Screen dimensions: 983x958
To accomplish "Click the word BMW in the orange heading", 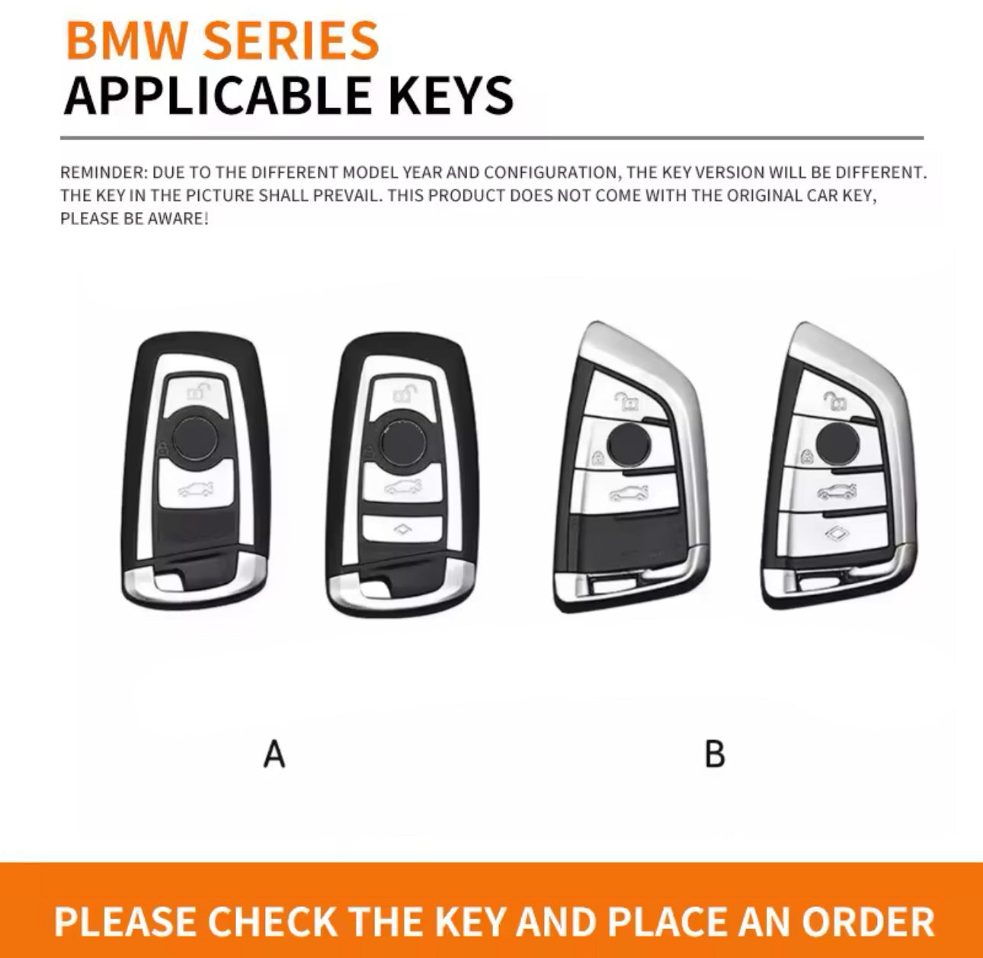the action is pos(126,40).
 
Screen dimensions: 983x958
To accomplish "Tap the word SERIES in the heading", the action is pos(291,40).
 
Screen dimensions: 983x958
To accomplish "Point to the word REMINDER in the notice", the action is pos(104,173).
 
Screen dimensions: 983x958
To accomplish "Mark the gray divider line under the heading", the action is pos(491,137).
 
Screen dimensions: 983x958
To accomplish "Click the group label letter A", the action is pos(274,754).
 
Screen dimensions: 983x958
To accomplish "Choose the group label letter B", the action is pos(715,754).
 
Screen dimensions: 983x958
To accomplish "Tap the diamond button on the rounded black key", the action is pos(402,529).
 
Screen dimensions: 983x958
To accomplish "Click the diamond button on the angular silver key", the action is pos(835,533).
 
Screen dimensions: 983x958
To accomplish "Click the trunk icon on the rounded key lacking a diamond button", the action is pos(196,489).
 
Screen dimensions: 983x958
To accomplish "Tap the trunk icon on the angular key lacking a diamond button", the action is pos(629,493).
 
